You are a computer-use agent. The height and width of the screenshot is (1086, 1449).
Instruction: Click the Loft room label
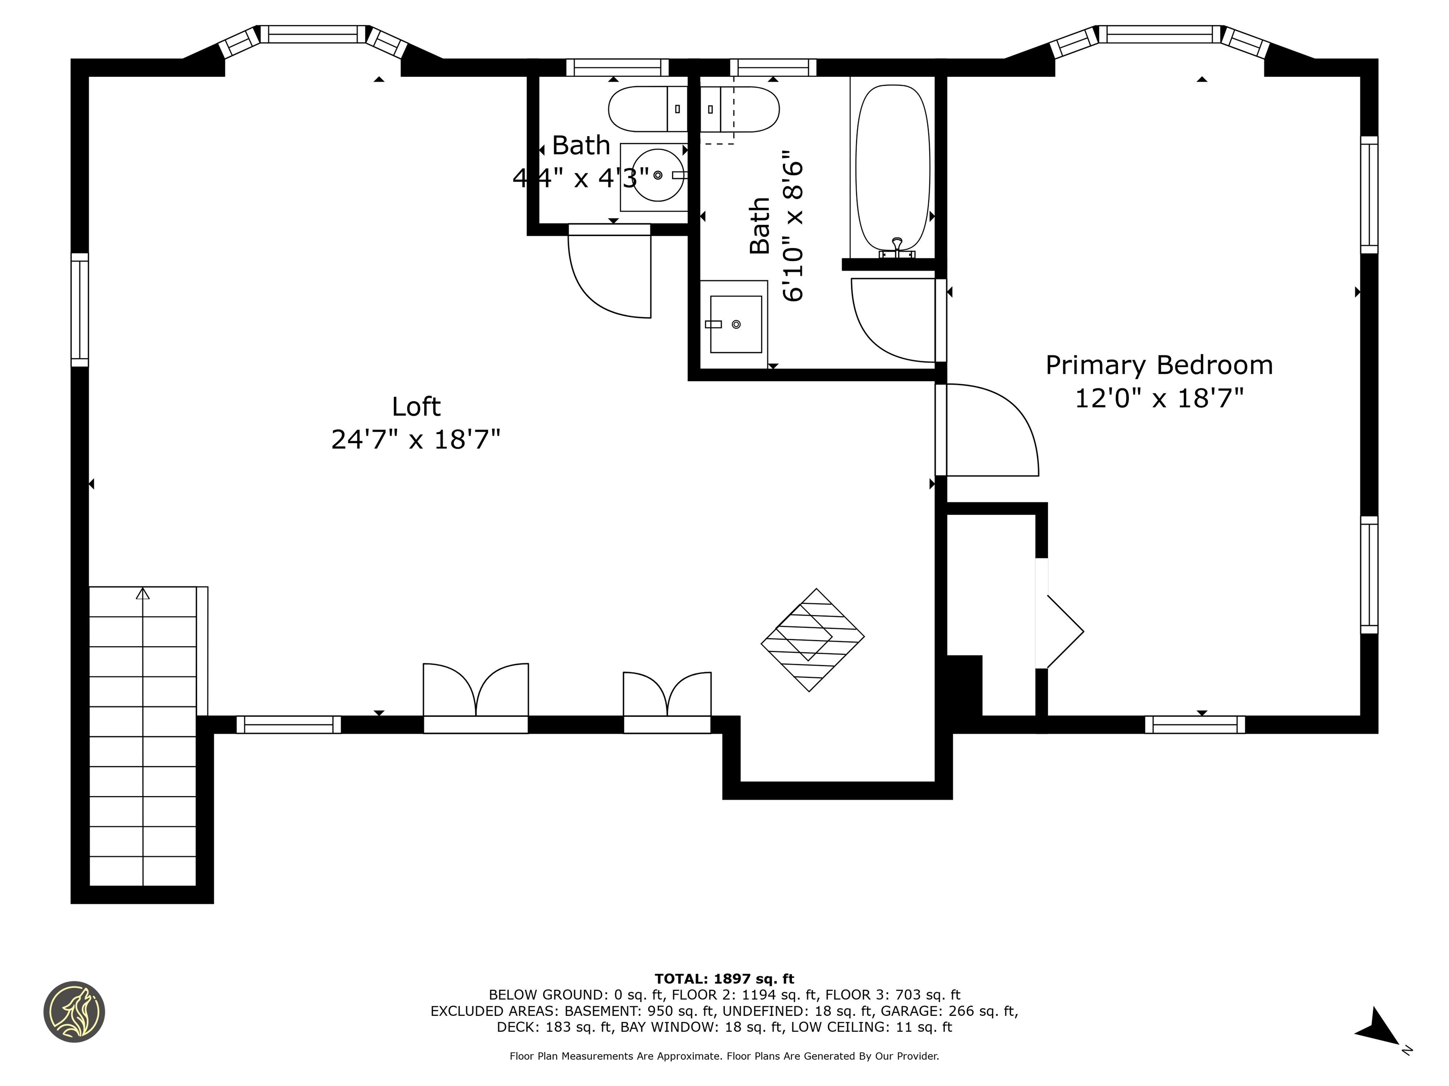pos(416,406)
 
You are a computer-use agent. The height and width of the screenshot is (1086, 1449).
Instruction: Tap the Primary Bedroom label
pos(1159,365)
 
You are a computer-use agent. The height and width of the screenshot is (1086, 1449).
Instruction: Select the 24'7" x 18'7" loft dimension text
pos(416,439)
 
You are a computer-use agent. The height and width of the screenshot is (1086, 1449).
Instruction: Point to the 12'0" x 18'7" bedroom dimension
pos(1159,398)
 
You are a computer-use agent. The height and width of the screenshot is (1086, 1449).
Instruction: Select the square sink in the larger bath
pos(736,324)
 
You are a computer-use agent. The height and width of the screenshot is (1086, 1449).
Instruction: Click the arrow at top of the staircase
pos(143,593)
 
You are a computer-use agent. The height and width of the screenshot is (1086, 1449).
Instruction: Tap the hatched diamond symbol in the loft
pos(812,640)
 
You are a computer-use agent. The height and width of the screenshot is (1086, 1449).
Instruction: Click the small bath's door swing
pos(609,271)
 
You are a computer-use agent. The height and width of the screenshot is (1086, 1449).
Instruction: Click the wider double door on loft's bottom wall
pos(475,691)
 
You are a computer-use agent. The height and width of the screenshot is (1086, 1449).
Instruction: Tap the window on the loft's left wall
pos(79,310)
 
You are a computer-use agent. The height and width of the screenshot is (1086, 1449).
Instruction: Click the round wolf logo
pos(74,1012)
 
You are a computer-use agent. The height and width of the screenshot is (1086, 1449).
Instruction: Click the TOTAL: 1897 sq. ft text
pos(724,979)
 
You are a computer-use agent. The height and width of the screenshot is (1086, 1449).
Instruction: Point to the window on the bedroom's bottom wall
pos(1195,724)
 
